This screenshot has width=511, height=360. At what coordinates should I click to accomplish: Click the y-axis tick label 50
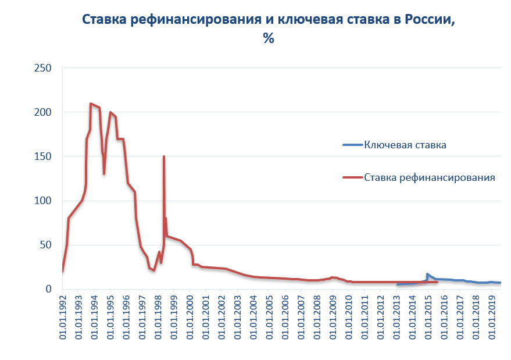pyautogui.click(x=47, y=245)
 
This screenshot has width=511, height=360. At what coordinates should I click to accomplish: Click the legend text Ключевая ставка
pyautogui.click(x=405, y=145)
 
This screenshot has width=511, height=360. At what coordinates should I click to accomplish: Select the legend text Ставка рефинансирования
pyautogui.click(x=430, y=178)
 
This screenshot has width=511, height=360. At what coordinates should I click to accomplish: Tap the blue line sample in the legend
pyautogui.click(x=352, y=145)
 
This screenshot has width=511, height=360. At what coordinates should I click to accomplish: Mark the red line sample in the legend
pyautogui.click(x=352, y=178)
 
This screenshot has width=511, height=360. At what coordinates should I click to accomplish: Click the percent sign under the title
pyautogui.click(x=268, y=39)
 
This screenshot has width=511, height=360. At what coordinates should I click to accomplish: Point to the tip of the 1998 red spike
pyautogui.click(x=164, y=156)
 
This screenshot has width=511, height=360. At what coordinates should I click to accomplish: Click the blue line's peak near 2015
pyautogui.click(x=427, y=274)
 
